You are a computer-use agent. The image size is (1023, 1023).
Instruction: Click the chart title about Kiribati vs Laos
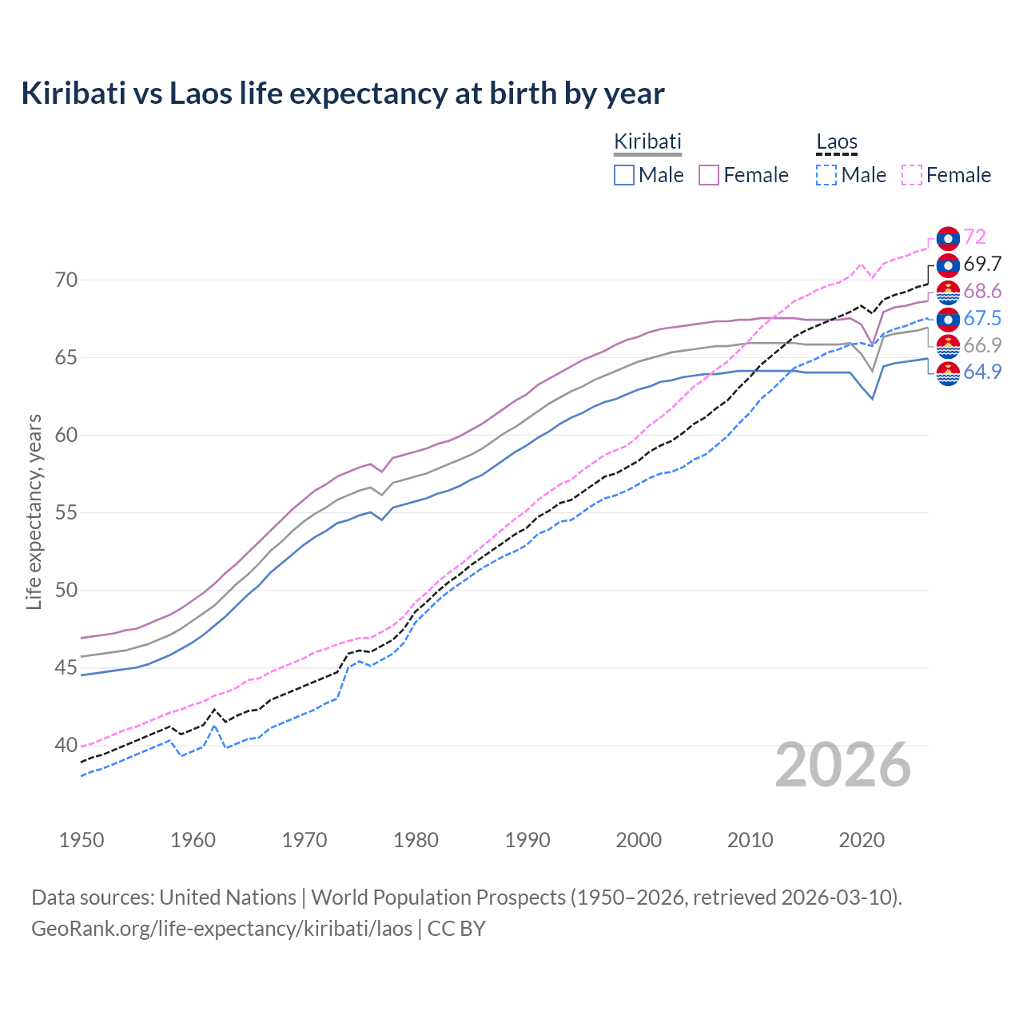342,94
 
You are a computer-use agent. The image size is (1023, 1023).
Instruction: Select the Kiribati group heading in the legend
647,141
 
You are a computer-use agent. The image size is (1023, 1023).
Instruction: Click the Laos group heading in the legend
836,142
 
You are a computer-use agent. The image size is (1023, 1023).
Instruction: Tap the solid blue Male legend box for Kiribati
624,175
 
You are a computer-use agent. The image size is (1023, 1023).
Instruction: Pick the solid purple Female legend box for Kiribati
709,175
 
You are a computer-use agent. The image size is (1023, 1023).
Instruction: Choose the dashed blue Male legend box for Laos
826,175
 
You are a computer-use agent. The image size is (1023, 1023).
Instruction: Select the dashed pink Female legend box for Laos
912,175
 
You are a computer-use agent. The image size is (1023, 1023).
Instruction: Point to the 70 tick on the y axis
66,280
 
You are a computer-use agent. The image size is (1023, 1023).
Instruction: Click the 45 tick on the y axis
66,668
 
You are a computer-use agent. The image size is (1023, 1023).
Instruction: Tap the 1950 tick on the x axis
82,840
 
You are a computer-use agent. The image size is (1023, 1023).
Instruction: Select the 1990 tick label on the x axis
527,840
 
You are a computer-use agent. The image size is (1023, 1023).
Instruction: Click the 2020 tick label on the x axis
862,840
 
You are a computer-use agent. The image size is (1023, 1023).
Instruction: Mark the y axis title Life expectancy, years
34,511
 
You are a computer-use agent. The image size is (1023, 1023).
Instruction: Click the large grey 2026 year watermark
842,765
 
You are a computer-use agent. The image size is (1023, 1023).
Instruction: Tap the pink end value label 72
974,237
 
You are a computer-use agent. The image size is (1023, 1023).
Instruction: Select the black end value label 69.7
981,264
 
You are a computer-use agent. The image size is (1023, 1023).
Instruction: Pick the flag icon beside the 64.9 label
948,373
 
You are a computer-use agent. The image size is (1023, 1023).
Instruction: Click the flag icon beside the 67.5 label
948,319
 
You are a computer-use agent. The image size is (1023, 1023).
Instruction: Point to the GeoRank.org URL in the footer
221,929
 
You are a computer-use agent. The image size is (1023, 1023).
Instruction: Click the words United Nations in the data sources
228,898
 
